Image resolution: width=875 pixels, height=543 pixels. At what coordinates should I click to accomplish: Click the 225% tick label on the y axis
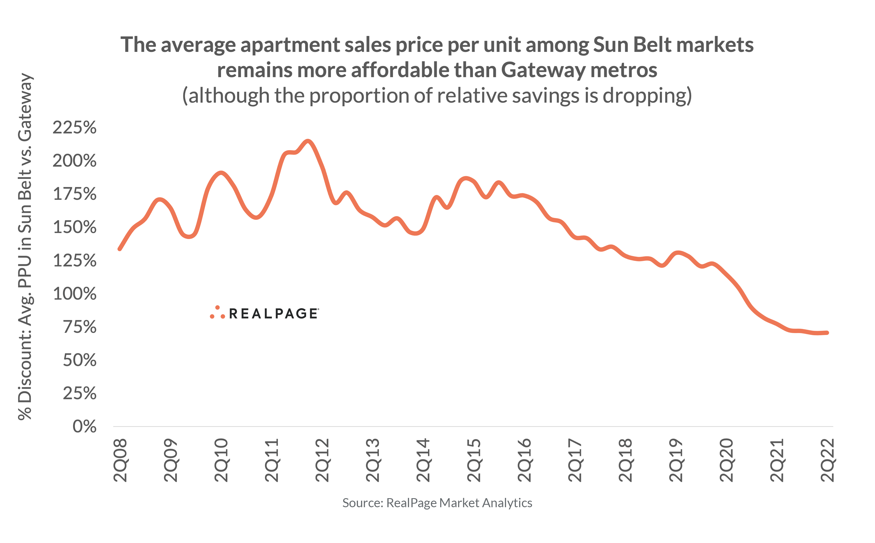click(x=74, y=128)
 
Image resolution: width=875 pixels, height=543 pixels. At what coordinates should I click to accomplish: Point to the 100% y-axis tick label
click(x=74, y=294)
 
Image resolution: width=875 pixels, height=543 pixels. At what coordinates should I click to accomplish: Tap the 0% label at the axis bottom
click(x=84, y=427)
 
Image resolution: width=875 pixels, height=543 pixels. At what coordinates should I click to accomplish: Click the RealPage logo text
click(x=273, y=313)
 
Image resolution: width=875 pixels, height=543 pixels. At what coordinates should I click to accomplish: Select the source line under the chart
click(x=437, y=503)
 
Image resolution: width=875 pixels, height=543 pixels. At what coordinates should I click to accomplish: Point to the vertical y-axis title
click(x=25, y=246)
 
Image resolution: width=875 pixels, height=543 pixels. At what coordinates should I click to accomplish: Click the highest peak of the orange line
click(x=308, y=141)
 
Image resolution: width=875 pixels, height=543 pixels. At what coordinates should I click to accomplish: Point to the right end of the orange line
click(x=827, y=333)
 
